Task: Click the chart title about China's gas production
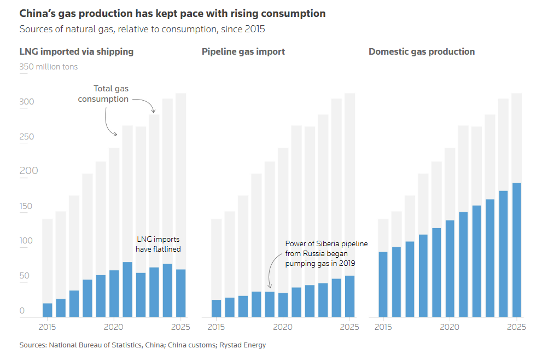click(x=172, y=14)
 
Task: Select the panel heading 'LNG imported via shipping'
click(x=77, y=51)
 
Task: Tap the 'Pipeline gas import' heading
click(x=243, y=51)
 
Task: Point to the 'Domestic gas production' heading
click(x=422, y=51)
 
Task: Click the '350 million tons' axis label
click(x=48, y=67)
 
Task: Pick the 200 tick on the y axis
click(x=28, y=171)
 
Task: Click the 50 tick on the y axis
click(x=24, y=276)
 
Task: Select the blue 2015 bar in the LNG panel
click(x=48, y=310)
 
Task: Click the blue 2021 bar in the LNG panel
click(x=127, y=289)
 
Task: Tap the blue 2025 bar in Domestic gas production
click(x=517, y=250)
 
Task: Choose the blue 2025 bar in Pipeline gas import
click(x=350, y=297)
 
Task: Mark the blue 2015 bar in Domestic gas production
click(x=383, y=284)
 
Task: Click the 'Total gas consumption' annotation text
click(x=103, y=94)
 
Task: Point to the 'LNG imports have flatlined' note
click(x=158, y=244)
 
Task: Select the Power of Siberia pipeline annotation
click(x=327, y=253)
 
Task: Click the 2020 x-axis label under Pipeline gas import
click(x=283, y=327)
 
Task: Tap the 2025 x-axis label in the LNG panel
click(x=180, y=327)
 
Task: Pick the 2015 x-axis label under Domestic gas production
click(x=383, y=327)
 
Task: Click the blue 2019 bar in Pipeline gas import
click(x=270, y=304)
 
